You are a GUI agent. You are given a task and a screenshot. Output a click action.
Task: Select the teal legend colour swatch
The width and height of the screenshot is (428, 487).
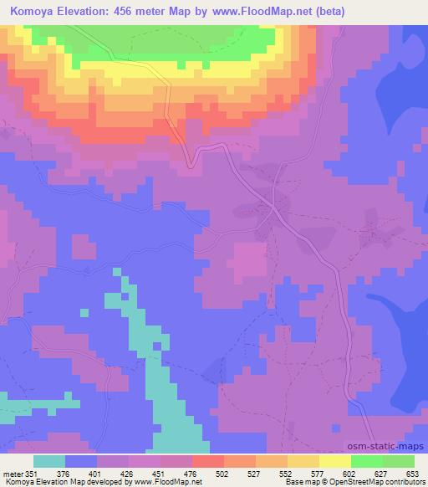(49, 461)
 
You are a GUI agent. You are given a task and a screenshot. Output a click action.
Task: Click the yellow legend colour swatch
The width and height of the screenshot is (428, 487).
(334, 461)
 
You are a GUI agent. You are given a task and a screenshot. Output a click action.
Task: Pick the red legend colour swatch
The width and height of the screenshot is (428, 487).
(207, 461)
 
